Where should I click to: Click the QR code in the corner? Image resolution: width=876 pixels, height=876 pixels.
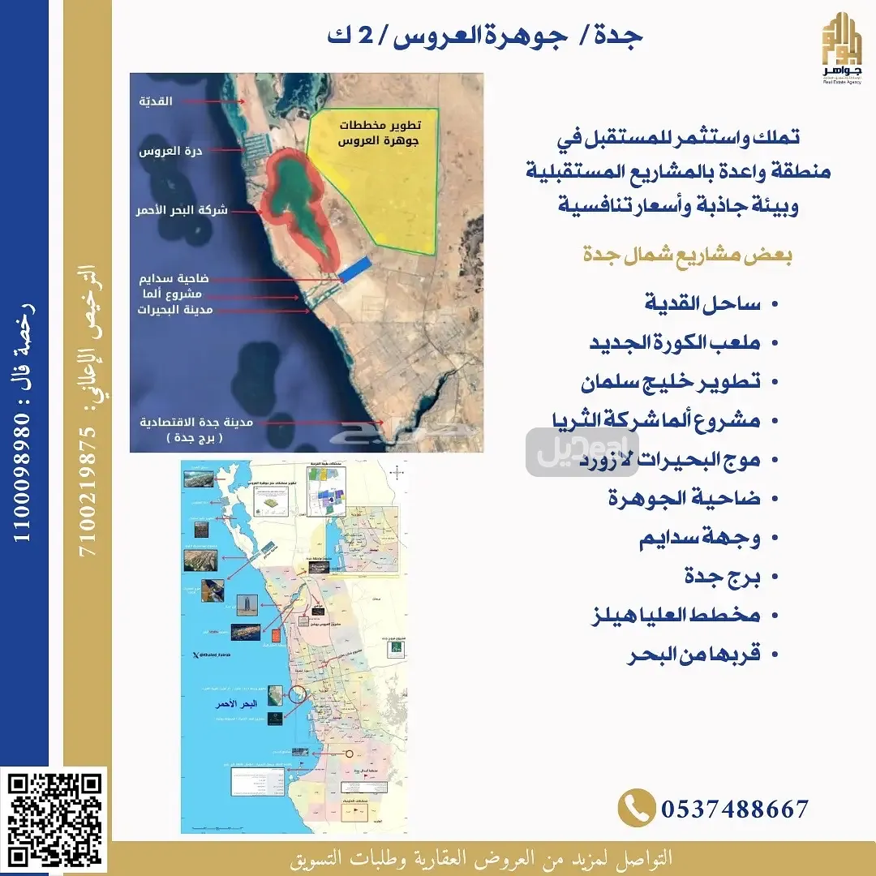point(57,819)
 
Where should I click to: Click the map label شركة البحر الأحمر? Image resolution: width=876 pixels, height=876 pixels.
point(182,210)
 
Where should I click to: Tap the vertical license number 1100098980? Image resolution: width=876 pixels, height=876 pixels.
point(24,422)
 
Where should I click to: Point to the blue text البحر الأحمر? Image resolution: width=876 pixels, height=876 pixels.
point(233,703)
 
